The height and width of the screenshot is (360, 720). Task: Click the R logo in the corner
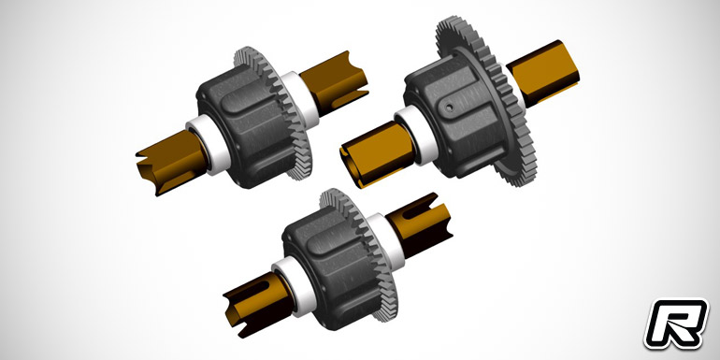[x=676, y=324]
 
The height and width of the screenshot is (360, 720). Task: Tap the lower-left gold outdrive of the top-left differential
[x=171, y=162]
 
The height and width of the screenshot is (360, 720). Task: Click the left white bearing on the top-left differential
[x=208, y=144]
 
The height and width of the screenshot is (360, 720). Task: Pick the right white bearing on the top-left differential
[x=299, y=100]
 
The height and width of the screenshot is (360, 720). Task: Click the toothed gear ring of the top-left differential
[x=276, y=110]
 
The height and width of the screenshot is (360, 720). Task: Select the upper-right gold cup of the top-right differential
[x=543, y=73]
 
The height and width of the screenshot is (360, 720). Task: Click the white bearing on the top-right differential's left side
[x=415, y=135]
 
